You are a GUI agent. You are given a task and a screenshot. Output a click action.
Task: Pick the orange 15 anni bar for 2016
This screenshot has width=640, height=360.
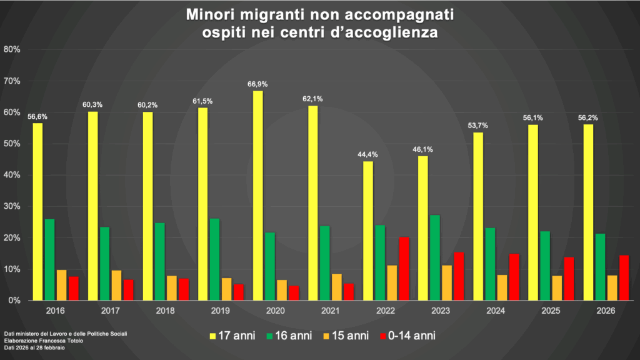pos(61,285)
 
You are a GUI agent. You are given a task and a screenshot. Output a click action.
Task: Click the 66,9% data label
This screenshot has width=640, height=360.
pos(257,84)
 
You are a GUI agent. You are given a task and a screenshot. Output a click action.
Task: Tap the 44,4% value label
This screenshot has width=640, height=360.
pos(368,154)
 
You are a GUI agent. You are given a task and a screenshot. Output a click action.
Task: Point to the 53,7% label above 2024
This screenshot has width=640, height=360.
pos(478,126)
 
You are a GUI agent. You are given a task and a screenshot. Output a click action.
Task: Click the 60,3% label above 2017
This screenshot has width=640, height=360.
pos(92,104)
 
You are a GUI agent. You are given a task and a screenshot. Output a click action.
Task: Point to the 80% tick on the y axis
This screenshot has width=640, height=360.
pos(12,49)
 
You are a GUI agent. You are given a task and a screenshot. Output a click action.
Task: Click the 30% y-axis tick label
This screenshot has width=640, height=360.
pos(12,206)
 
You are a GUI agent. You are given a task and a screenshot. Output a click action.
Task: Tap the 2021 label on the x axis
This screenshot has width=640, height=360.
pos(331,311)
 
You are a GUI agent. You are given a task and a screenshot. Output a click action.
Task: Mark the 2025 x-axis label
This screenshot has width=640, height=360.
pos(551,311)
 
